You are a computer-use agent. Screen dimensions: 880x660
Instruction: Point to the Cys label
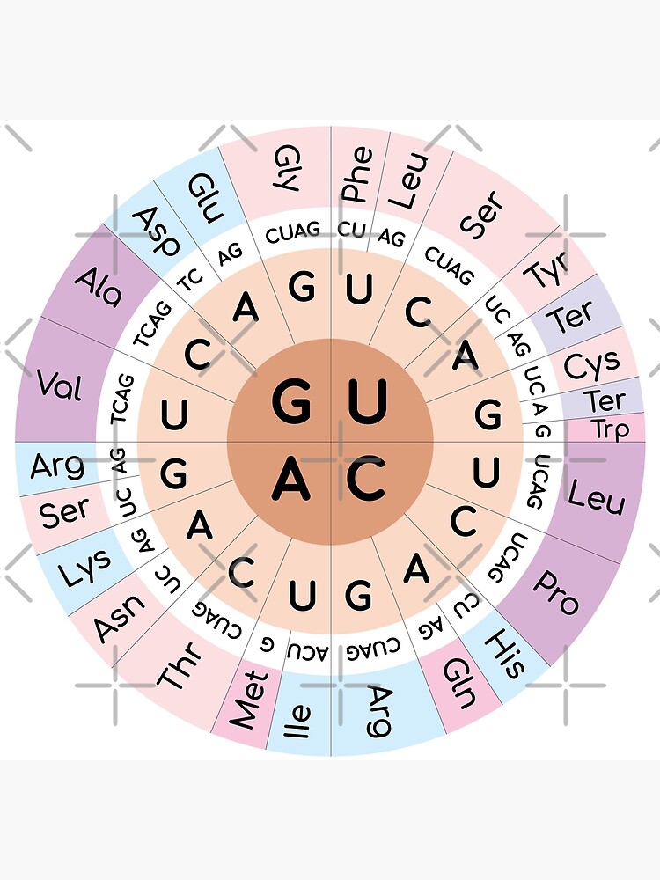(x=592, y=363)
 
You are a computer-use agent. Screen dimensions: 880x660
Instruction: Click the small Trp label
(x=611, y=429)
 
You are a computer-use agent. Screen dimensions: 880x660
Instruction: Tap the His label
(x=506, y=653)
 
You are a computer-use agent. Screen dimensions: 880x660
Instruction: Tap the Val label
(x=61, y=385)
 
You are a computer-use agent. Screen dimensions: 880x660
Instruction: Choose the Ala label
(x=99, y=287)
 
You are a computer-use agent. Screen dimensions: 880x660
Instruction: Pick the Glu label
(x=203, y=195)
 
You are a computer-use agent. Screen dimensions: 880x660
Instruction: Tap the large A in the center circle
(x=290, y=480)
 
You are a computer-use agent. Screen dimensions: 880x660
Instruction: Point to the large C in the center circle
(x=367, y=480)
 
